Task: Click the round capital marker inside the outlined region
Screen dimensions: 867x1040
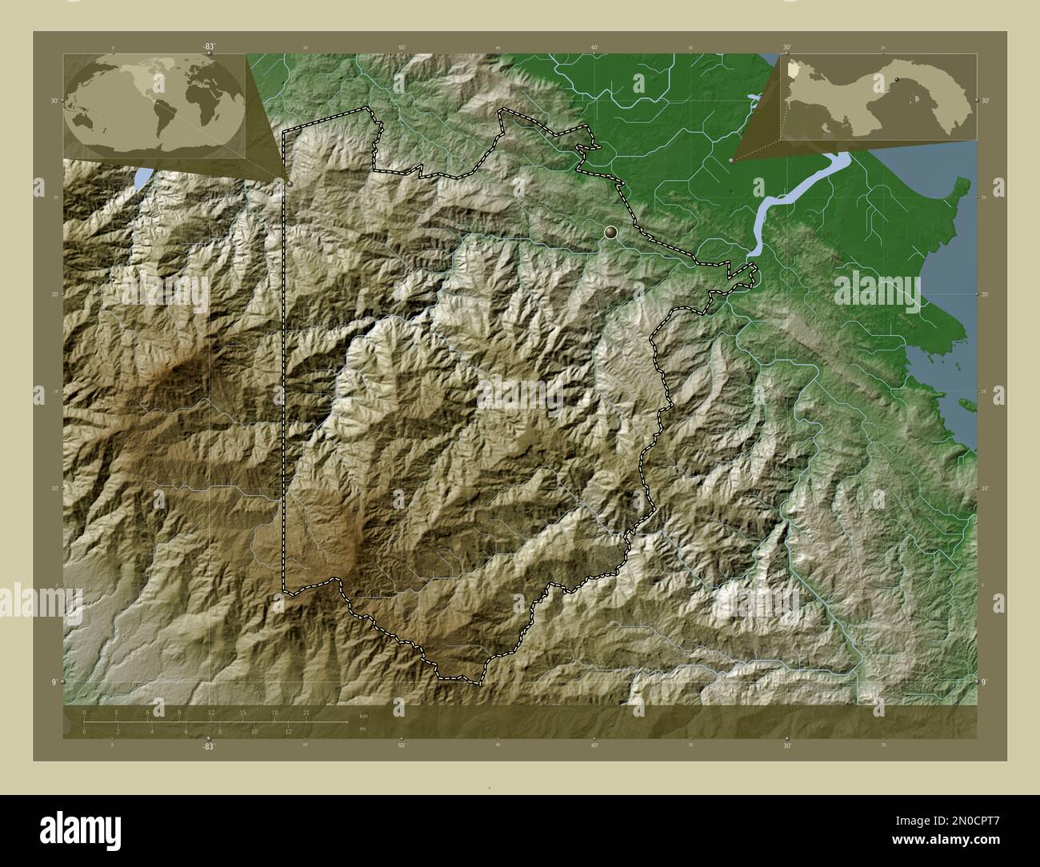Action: (x=611, y=233)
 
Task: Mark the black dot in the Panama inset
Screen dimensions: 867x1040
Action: (x=898, y=79)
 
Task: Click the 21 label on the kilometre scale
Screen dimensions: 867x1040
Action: (x=306, y=712)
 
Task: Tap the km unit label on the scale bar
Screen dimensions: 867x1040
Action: (x=363, y=714)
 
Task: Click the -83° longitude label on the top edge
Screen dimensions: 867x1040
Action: (x=209, y=46)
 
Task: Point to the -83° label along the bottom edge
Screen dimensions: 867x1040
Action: (x=209, y=745)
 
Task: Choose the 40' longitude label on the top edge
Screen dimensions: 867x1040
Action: (x=594, y=47)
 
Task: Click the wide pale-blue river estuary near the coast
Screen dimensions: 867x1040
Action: (x=792, y=196)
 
